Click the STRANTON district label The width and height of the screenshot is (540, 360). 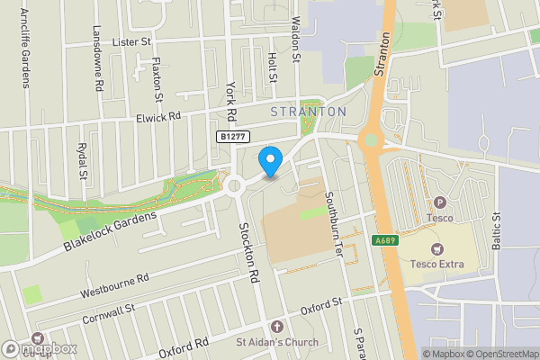(x=309, y=111)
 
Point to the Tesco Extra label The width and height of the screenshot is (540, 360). (x=436, y=264)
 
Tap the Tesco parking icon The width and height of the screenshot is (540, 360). (x=440, y=202)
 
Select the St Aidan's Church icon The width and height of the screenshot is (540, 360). (x=276, y=326)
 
